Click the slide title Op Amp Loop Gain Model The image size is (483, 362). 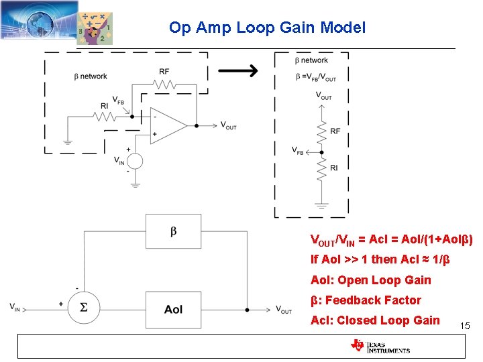point(267,28)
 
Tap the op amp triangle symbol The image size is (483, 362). point(167,125)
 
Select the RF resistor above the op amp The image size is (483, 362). point(164,85)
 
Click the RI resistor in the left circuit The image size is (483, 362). point(106,117)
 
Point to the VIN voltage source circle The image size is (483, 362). point(136,161)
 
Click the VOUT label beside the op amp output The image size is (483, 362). point(228,125)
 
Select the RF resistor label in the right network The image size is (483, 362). point(335,131)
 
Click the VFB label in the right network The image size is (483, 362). point(297,152)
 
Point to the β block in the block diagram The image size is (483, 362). point(173,232)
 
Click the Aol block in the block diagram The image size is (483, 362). point(173,309)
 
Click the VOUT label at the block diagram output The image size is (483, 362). point(284,310)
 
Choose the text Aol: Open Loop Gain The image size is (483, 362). point(370,280)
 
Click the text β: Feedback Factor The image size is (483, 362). point(366,300)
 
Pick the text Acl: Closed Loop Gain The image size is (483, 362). point(375,320)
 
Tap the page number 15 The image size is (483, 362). point(466,326)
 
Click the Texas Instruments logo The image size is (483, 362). point(380,346)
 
